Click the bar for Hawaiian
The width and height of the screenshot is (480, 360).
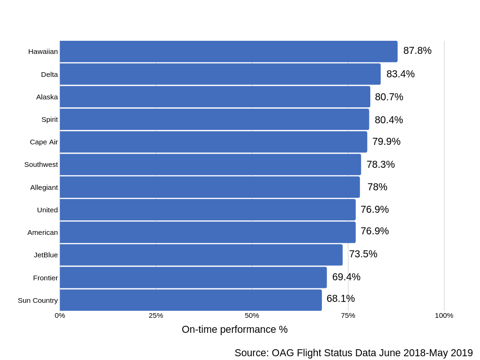click(228, 52)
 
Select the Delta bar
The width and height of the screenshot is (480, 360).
click(220, 74)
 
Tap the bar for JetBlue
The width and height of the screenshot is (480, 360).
click(201, 255)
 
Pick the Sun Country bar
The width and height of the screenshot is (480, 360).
click(190, 300)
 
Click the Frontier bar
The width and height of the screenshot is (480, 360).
click(193, 277)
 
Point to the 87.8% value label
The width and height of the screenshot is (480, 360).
click(417, 51)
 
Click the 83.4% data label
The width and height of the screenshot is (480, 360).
click(400, 74)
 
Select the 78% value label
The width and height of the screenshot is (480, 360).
click(377, 187)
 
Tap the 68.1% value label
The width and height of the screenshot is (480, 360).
click(340, 299)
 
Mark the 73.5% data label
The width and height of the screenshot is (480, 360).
click(363, 254)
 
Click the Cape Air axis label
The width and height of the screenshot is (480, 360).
click(44, 142)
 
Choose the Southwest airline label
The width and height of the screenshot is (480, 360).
click(41, 165)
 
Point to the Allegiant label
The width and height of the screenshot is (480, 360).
click(44, 187)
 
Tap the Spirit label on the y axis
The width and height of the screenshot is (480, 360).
click(49, 120)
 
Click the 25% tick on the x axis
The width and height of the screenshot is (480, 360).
click(156, 315)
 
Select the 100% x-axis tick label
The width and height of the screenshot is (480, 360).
click(443, 315)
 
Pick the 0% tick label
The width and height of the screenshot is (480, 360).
click(60, 315)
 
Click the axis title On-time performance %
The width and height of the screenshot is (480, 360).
click(234, 330)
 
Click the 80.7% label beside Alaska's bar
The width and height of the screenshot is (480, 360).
click(389, 97)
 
